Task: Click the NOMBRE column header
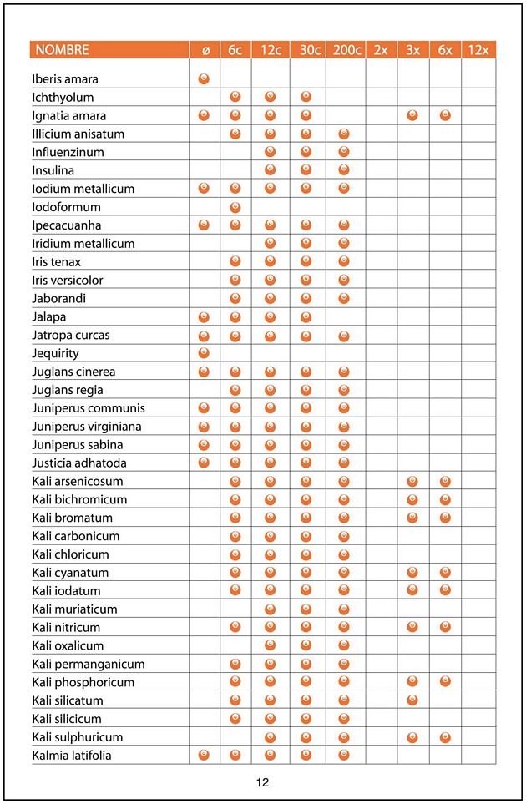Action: point(62,50)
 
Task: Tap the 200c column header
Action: point(346,50)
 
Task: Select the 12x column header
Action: point(478,50)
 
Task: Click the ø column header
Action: point(205,50)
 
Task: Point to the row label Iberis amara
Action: point(65,79)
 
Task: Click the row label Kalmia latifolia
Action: point(72,756)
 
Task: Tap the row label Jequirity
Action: point(56,353)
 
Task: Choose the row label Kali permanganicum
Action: point(89,665)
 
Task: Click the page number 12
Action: point(263,782)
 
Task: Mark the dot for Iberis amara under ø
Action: point(205,79)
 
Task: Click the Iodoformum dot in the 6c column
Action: point(235,207)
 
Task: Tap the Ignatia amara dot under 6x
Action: point(445,116)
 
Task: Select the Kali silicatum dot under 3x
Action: point(412,700)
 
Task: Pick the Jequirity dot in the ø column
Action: point(205,353)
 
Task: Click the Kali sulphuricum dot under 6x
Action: point(445,737)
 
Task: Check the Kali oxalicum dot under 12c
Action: point(271,645)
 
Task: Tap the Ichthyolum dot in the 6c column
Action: point(235,98)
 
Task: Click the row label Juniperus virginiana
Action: point(87,427)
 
